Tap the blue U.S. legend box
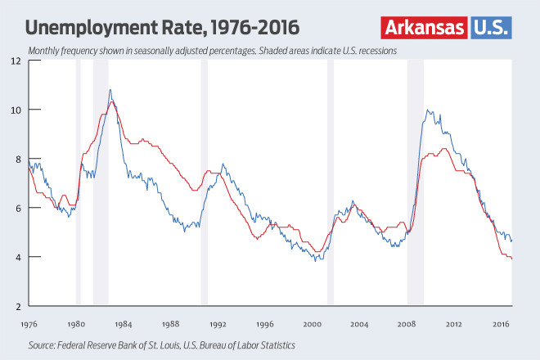click(x=491, y=27)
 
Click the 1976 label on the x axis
click(x=29, y=324)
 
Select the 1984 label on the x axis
click(x=124, y=324)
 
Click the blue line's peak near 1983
click(x=110, y=90)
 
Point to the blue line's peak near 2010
click(x=427, y=110)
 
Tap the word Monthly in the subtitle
click(x=47, y=51)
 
